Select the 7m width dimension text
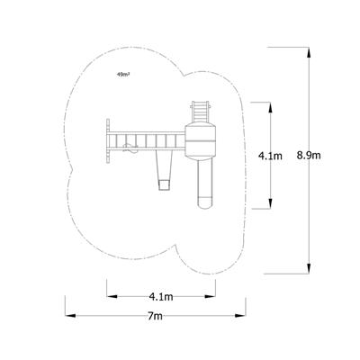pyautogui.click(x=157, y=317)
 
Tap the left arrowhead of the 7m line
pyautogui.click(x=68, y=314)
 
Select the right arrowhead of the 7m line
pyautogui.click(x=245, y=314)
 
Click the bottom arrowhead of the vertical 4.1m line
pyautogui.click(x=271, y=207)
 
